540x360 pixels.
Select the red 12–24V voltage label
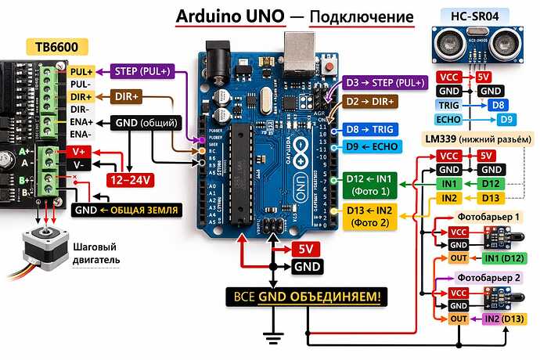pos(131,180)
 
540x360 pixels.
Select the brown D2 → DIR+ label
pos(371,101)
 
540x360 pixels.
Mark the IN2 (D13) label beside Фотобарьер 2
pos(504,319)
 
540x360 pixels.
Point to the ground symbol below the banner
pos(272,338)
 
